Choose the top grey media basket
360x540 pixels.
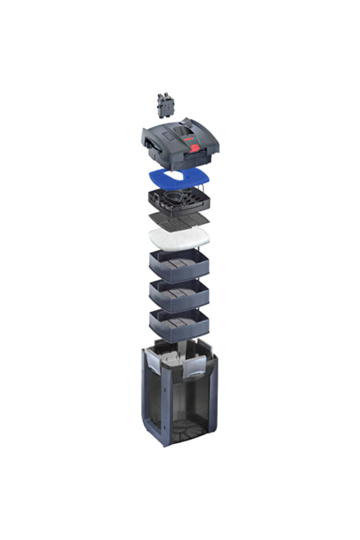(x=179, y=266)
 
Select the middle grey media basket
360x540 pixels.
(x=179, y=295)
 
